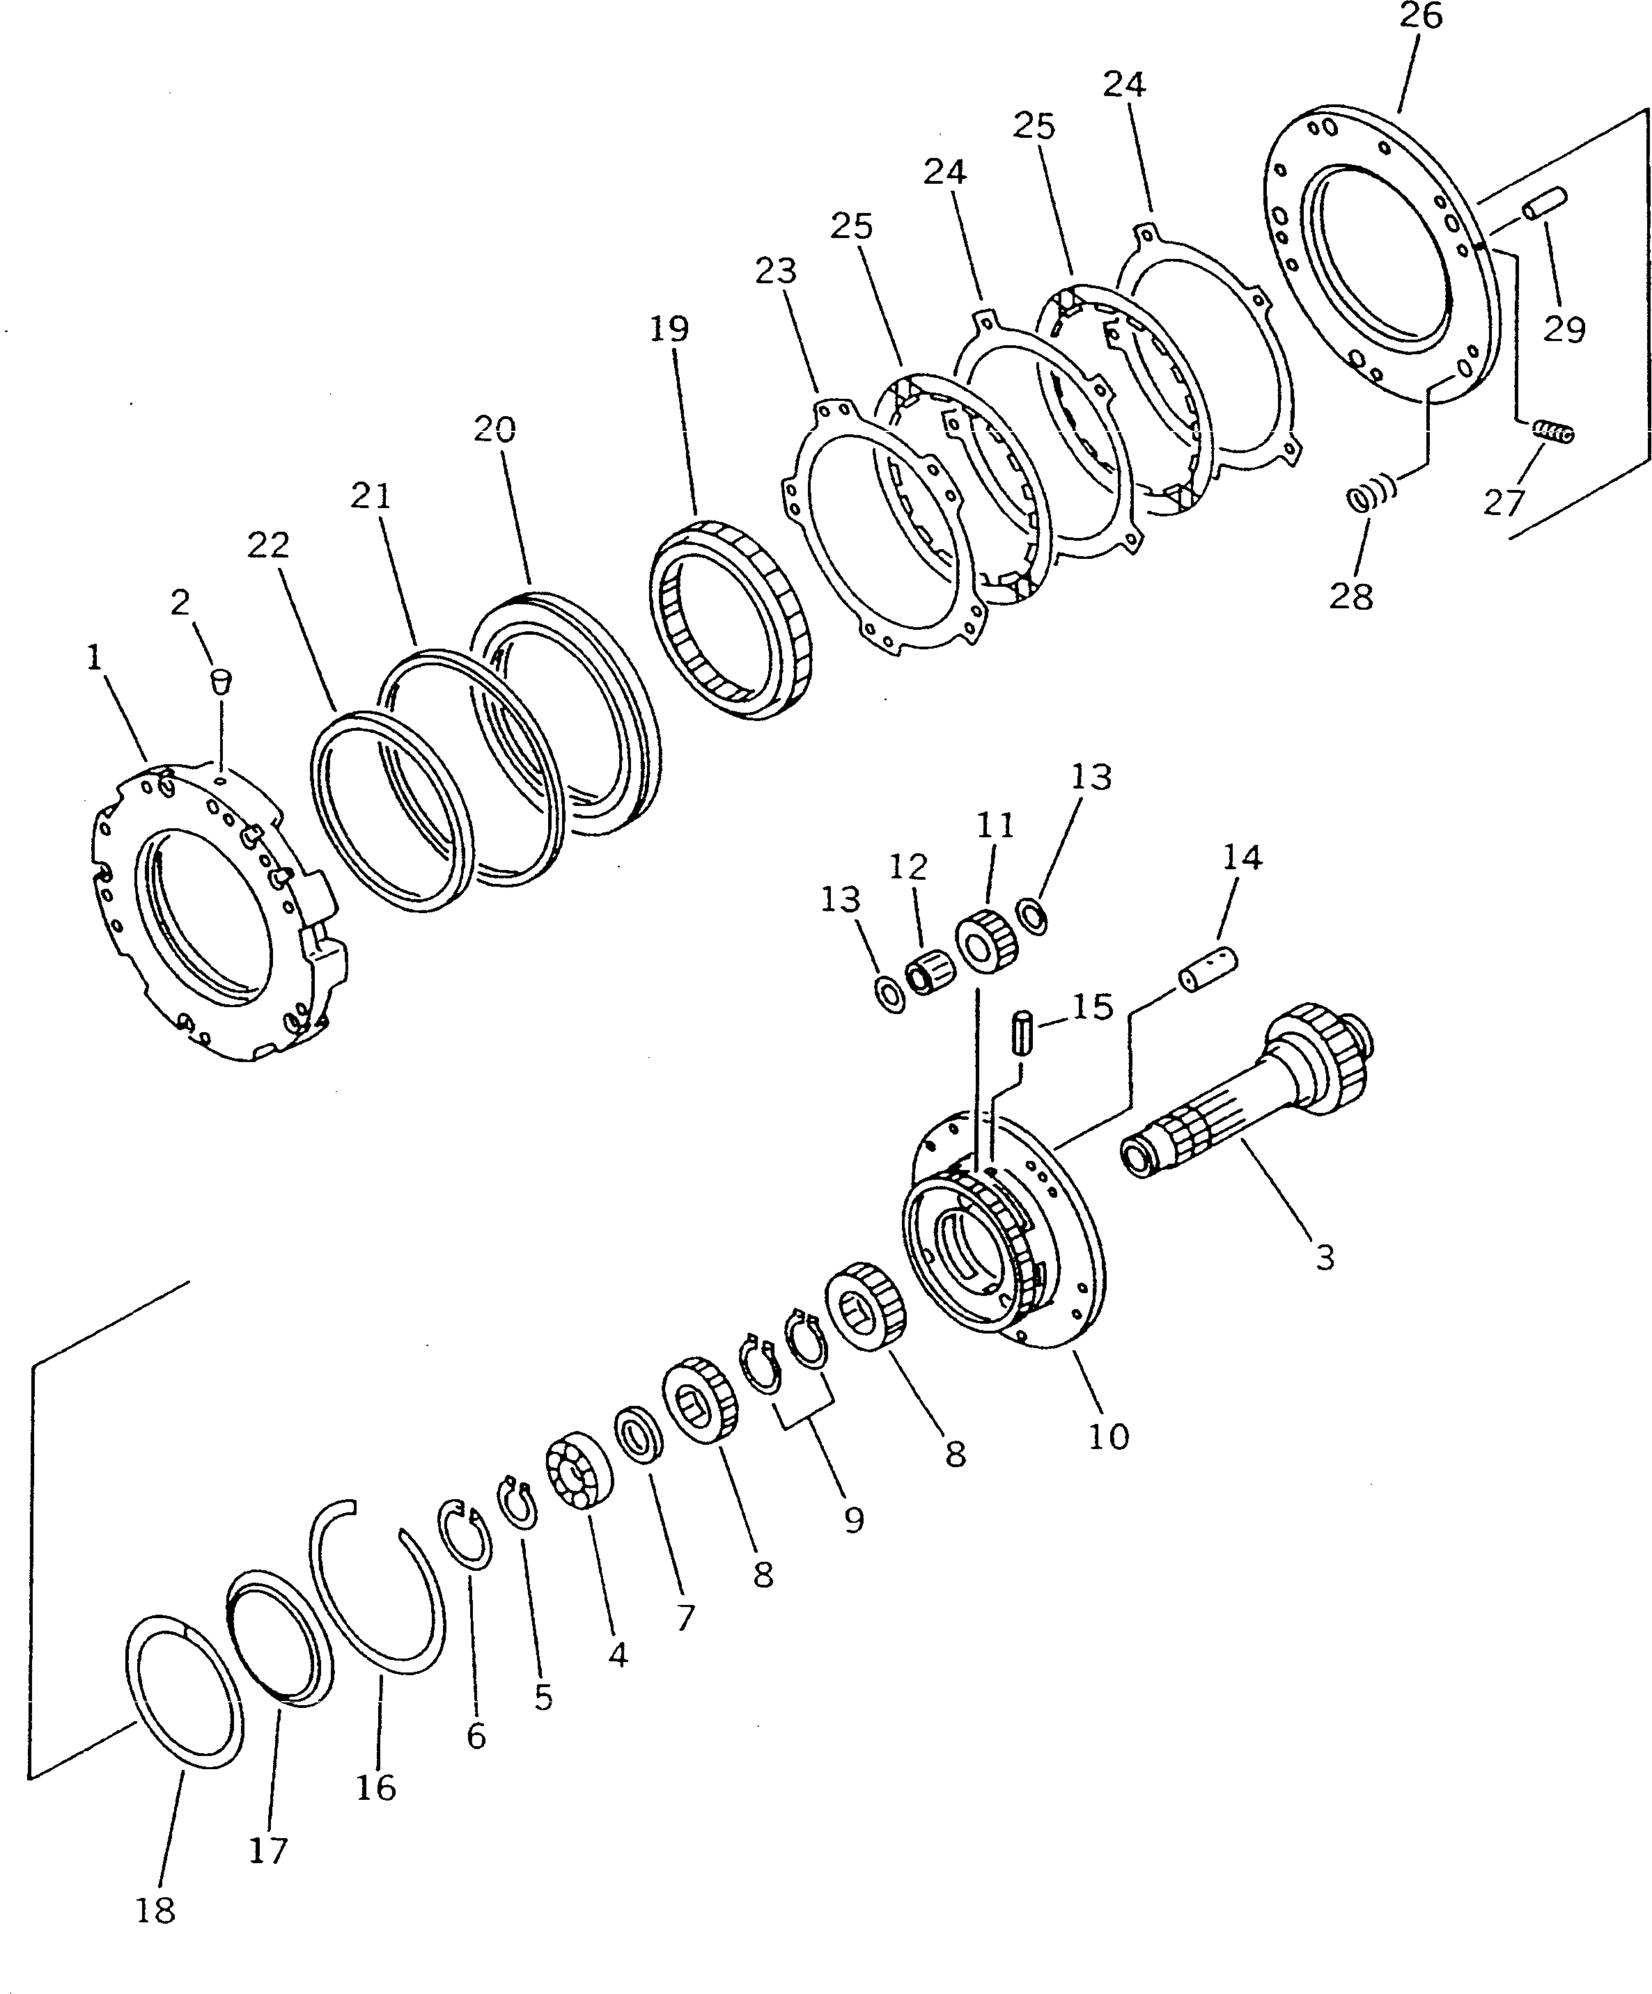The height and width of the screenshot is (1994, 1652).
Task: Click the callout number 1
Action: click(93, 657)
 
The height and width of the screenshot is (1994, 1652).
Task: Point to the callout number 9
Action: click(853, 1519)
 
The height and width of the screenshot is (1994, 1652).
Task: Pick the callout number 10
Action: click(1107, 1436)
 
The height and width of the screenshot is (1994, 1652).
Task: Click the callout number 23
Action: click(775, 271)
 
